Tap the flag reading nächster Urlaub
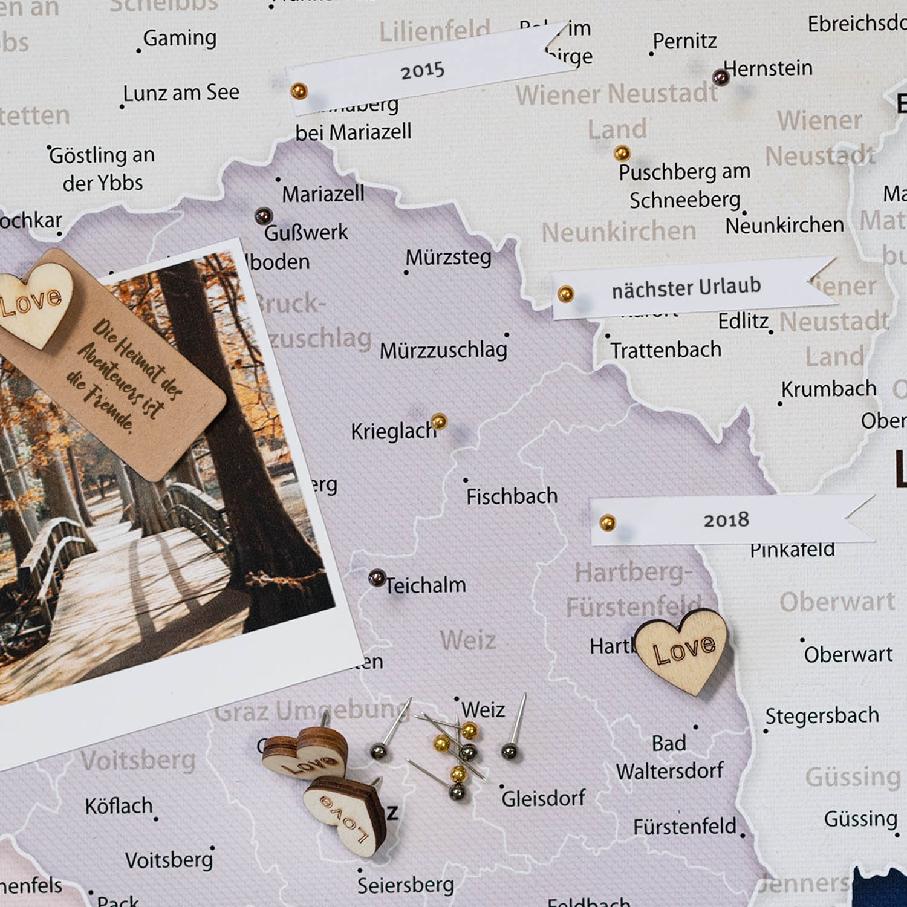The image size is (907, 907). coord(686,287)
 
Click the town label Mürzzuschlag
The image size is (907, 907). coord(443,350)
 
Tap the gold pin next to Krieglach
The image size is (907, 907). coord(439,421)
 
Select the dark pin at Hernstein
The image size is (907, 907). coord(720,77)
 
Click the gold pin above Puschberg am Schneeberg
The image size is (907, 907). coord(622,153)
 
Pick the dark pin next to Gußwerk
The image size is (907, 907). coord(263,216)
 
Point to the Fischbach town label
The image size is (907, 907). coord(512,496)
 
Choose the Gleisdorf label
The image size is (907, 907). coord(543,798)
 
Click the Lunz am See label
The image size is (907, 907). coord(181,93)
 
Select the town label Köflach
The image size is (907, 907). coord(119,806)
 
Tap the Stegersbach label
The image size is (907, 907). coord(822,716)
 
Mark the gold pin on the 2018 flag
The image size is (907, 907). coord(607,522)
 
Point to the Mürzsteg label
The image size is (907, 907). coord(448,258)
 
